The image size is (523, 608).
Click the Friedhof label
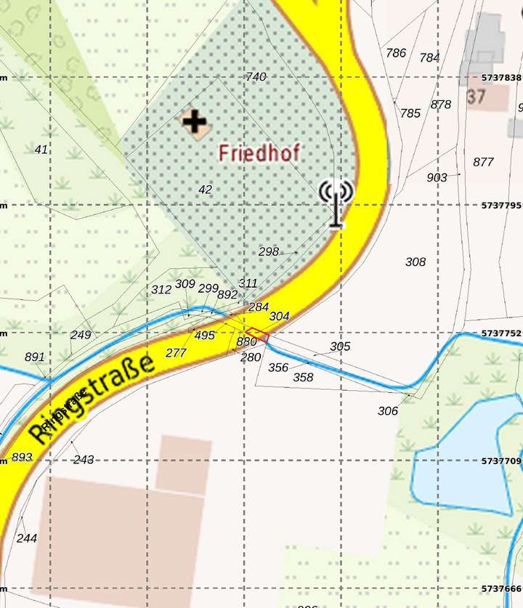[259, 153]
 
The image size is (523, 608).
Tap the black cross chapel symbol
[194, 121]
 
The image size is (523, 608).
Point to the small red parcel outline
[257, 336]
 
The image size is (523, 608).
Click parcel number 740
[256, 76]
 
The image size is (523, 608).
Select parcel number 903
[437, 177]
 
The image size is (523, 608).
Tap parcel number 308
[415, 262]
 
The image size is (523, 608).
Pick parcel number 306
[388, 411]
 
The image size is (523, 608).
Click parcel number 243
[84, 460]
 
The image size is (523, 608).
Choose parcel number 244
[27, 538]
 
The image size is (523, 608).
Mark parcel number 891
[34, 357]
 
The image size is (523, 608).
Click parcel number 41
[41, 150]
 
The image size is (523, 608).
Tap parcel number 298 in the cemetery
[269, 251]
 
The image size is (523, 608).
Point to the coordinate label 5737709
[501, 461]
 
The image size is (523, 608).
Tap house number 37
[477, 97]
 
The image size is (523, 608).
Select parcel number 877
[483, 162]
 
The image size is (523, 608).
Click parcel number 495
[205, 335]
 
